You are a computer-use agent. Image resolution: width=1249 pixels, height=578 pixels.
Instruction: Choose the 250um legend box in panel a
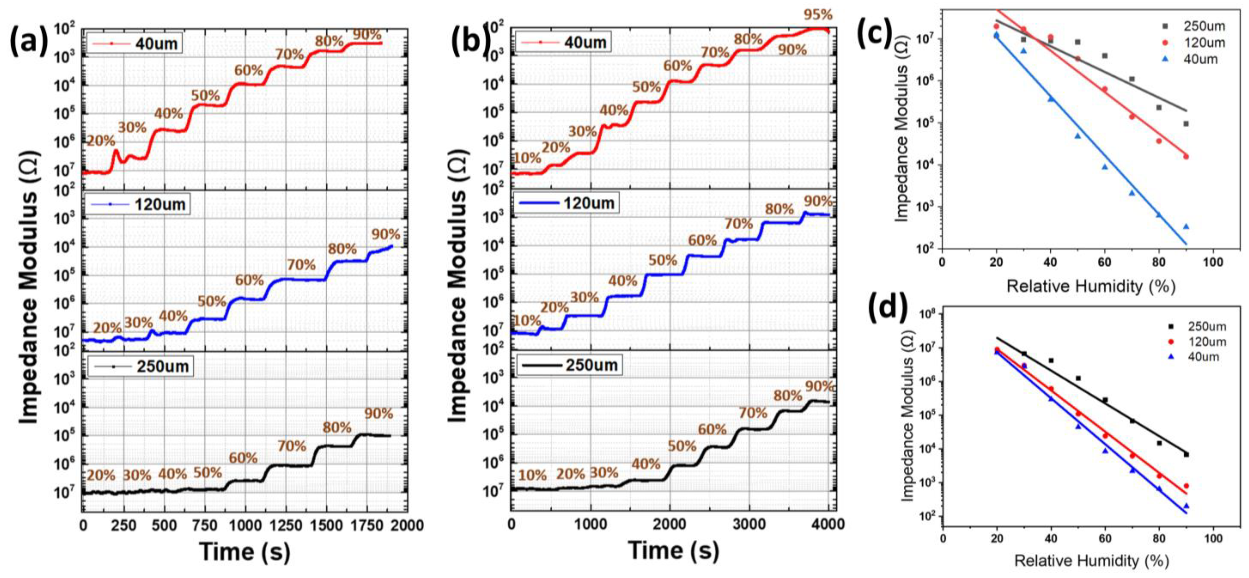(141, 366)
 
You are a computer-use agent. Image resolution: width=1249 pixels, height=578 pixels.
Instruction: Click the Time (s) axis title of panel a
(245, 552)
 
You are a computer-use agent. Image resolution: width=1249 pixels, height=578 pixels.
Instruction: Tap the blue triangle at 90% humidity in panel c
(1186, 226)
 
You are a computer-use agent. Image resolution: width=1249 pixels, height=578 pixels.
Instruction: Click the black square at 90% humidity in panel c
(1186, 123)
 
